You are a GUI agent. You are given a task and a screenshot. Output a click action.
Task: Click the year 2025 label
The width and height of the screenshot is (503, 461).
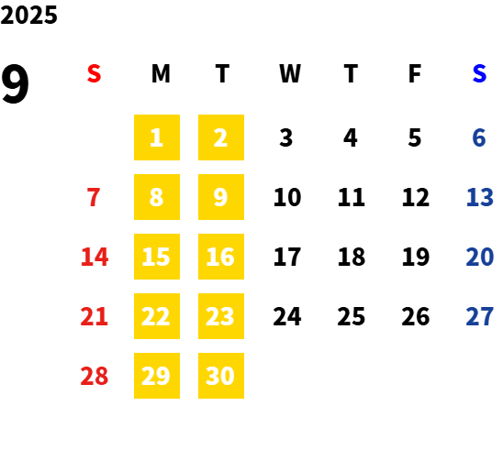point(28,15)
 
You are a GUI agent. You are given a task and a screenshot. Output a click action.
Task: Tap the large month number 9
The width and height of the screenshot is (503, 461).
point(15,84)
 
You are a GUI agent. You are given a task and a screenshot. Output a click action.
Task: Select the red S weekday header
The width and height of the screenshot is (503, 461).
point(94,73)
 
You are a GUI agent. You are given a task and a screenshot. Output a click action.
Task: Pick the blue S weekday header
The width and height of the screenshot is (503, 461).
point(479,73)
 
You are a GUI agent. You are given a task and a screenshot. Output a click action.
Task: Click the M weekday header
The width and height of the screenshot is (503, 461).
point(161,73)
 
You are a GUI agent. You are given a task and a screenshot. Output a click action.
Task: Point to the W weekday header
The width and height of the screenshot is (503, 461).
point(290,73)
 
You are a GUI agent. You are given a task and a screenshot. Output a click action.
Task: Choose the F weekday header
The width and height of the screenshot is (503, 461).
point(415,73)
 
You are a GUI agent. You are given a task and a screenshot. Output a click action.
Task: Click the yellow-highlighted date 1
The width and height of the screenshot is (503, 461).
point(157,137)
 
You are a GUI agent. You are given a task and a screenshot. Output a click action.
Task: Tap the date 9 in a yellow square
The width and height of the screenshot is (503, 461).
point(221,197)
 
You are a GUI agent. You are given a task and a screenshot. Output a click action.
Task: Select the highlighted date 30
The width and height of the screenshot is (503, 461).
point(221,376)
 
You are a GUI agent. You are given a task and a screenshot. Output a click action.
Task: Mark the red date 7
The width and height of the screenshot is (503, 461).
point(94,197)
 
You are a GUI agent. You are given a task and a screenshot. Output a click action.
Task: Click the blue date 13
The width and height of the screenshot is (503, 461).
point(479,197)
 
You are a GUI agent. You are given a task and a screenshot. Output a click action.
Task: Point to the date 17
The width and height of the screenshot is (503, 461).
point(287,257)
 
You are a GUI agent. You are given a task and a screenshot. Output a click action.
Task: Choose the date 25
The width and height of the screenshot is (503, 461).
point(352,316)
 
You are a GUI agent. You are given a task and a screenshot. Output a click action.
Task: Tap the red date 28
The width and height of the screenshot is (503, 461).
point(95,376)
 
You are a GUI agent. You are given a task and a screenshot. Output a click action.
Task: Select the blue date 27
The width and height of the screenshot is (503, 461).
point(479,316)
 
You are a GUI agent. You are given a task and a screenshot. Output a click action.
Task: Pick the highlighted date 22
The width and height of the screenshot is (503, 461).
point(157,316)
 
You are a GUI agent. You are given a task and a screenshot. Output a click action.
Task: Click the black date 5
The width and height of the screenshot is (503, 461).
point(415,137)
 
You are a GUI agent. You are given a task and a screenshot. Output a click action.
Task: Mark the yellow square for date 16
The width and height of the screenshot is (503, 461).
point(221,257)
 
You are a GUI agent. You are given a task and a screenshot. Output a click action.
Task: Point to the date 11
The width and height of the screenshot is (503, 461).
point(352,197)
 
